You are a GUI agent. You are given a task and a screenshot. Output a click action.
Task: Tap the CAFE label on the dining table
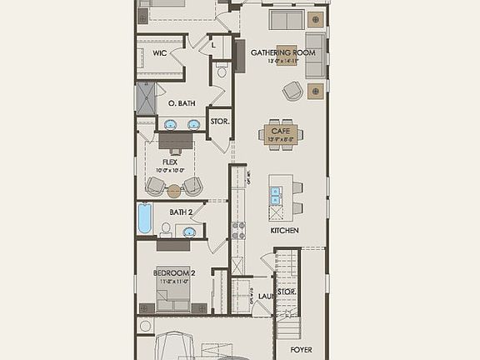(279, 132)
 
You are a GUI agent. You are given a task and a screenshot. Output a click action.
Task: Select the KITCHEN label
(284, 230)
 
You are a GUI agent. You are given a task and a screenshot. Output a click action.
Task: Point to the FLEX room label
(170, 162)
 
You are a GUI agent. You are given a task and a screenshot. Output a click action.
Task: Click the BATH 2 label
(181, 212)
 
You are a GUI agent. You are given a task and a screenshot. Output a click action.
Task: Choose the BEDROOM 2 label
(175, 272)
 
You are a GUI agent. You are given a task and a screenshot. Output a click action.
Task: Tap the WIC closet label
(161, 53)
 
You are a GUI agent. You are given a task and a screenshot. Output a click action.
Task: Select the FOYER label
(301, 350)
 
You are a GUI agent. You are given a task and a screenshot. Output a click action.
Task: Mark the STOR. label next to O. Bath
(219, 122)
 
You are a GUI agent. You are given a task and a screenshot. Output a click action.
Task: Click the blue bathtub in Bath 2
(145, 219)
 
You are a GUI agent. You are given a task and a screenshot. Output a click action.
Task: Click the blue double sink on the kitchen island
(276, 201)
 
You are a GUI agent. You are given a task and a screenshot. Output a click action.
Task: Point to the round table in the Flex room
(173, 191)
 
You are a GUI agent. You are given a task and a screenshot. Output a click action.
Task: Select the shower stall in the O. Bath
(146, 97)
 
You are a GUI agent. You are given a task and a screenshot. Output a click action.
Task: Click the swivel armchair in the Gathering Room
(292, 92)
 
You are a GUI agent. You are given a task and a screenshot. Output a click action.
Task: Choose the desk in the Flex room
(175, 142)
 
